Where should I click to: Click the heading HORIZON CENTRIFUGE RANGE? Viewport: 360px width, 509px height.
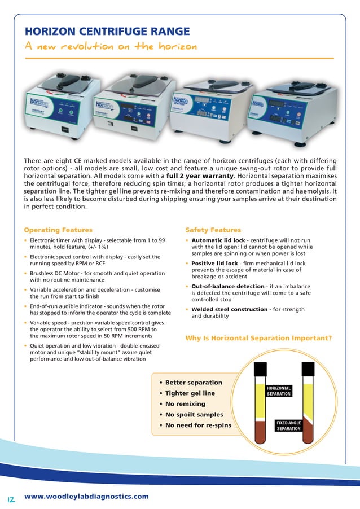107,31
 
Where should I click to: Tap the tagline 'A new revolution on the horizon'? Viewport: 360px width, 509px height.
110,46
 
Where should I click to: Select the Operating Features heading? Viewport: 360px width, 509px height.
58,230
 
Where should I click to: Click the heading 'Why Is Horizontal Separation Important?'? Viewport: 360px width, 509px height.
258,339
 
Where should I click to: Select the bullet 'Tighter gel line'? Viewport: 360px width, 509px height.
190,393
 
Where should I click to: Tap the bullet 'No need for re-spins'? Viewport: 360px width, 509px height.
198,425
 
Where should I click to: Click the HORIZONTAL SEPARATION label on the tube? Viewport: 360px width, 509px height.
279,391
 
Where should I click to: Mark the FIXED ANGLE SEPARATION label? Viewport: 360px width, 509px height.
288,425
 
